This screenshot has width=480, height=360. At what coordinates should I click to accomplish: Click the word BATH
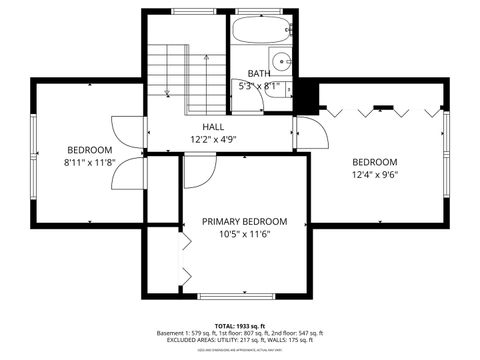(x=259, y=73)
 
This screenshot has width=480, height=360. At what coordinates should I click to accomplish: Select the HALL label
(x=213, y=127)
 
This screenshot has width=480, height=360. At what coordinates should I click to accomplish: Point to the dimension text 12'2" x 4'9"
(x=213, y=140)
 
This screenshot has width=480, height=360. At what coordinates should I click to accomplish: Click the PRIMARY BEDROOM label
(x=244, y=221)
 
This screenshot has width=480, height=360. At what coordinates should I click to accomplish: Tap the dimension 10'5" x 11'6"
(x=244, y=234)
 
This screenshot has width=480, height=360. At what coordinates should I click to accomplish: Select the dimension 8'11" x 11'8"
(x=89, y=161)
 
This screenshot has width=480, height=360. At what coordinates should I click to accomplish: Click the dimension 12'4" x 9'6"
(x=375, y=174)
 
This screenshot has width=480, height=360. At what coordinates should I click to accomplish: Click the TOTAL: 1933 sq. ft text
(x=240, y=325)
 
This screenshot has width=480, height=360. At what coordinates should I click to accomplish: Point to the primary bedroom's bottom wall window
(x=240, y=297)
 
